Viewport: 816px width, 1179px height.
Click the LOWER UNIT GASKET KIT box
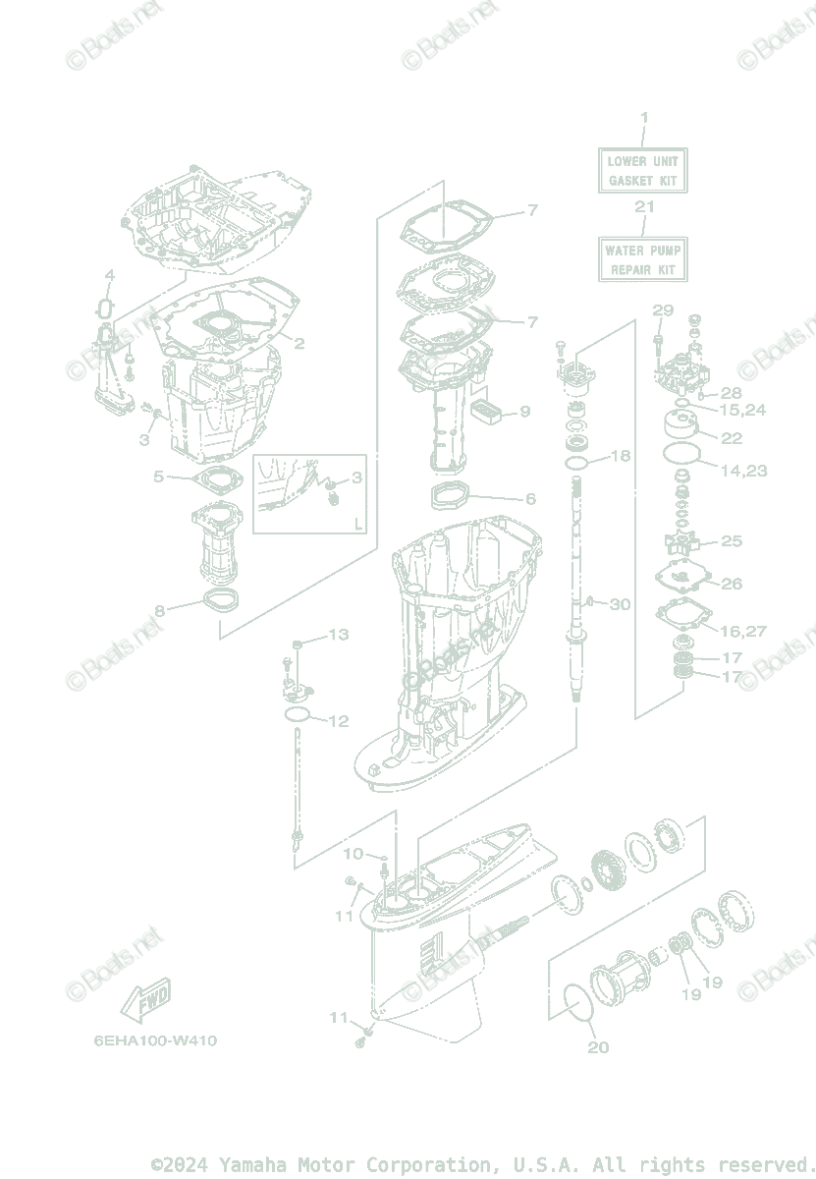click(x=642, y=170)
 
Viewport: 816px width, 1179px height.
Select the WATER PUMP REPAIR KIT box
click(x=642, y=259)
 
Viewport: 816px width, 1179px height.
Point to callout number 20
click(x=598, y=1047)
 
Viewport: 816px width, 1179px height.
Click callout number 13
click(x=338, y=635)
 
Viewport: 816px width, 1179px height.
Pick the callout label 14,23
click(x=743, y=471)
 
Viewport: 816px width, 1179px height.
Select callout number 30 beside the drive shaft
click(x=620, y=604)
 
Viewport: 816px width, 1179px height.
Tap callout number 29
click(x=663, y=310)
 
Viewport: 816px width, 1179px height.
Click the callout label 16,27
click(x=742, y=631)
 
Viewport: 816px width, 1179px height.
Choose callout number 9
click(x=524, y=411)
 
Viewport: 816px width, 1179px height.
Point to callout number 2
click(x=299, y=344)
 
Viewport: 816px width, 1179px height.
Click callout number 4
click(x=110, y=274)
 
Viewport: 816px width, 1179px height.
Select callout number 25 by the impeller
click(x=732, y=540)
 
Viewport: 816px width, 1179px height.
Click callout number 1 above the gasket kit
click(x=644, y=118)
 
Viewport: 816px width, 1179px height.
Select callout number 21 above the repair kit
click(x=644, y=206)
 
